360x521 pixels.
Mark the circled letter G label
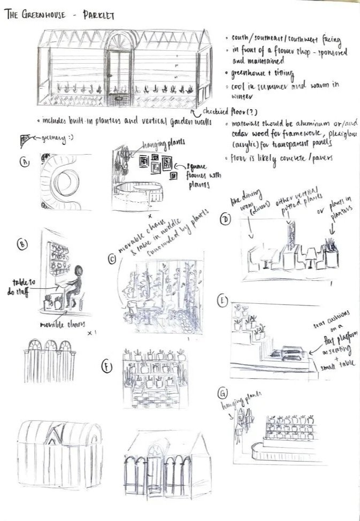pos(222,394)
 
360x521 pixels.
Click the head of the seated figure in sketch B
pos(81,271)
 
